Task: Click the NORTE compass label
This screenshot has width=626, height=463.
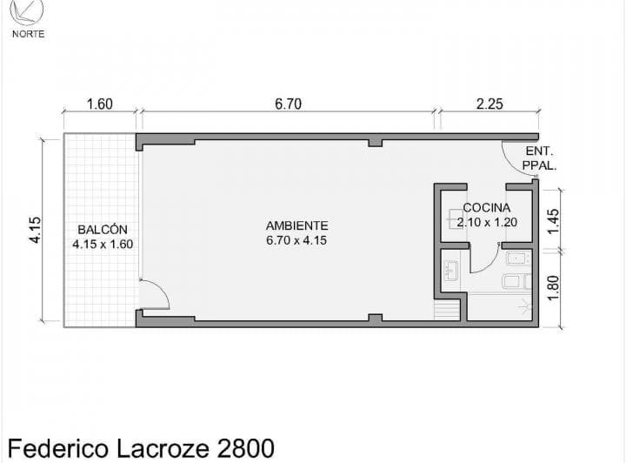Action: point(28,34)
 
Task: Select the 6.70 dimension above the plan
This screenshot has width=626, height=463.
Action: point(288,104)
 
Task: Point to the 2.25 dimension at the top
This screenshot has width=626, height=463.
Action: point(489,104)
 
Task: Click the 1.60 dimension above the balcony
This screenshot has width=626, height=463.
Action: point(99,104)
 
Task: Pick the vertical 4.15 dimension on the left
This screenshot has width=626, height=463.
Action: point(35,230)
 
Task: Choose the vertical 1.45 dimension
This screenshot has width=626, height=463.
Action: point(553,222)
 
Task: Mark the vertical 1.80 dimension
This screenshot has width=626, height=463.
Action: point(553,288)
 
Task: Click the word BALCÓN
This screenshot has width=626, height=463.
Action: point(103,229)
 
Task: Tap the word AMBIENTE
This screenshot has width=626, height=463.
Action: point(297,225)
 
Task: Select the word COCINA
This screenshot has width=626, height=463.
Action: point(487,208)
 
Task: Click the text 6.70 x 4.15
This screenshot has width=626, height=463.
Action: point(296,240)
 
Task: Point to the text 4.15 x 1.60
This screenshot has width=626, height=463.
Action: point(103,244)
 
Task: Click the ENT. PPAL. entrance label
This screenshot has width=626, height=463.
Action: point(539,158)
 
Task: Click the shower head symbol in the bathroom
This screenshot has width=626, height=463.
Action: point(525,306)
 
